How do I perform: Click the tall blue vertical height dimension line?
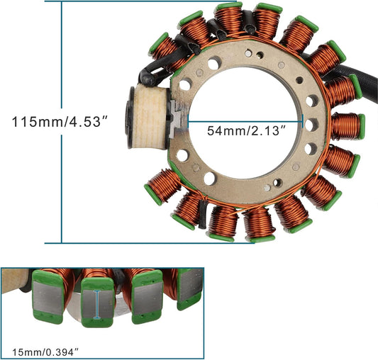click(x=63, y=71)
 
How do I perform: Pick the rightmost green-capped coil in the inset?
click(x=190, y=287)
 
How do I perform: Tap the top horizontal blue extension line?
click(x=142, y=2)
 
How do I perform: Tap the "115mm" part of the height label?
click(x=31, y=121)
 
